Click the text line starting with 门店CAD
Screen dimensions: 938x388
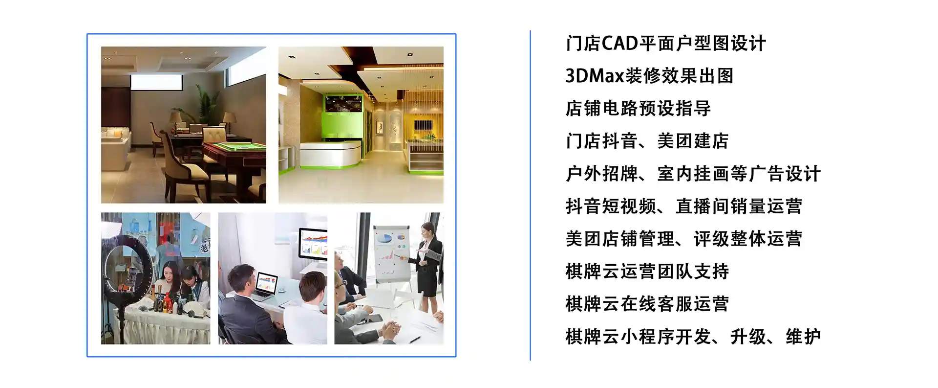pos(666,44)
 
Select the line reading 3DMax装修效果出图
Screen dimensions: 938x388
pos(650,76)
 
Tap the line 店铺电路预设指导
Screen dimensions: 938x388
pos(638,109)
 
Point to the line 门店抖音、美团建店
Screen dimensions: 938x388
pos(647,141)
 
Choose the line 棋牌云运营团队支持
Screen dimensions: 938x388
pos(647,271)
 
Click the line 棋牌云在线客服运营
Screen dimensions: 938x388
pos(647,304)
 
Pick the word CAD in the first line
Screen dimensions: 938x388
pos(620,44)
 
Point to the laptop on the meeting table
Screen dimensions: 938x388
pos(266,285)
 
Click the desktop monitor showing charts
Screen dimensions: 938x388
pos(313,243)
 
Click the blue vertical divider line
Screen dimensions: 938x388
pos(530,195)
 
